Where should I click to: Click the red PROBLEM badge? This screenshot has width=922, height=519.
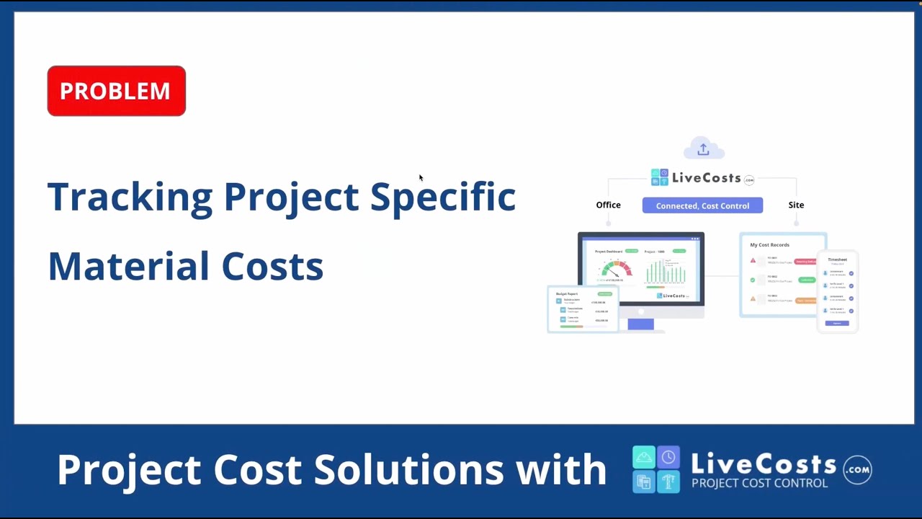(x=116, y=91)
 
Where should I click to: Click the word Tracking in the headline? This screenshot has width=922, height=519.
(x=130, y=197)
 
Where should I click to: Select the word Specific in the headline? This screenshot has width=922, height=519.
(x=442, y=197)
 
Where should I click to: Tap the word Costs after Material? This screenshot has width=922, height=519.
(x=272, y=266)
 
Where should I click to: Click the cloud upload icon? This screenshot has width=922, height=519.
(x=703, y=149)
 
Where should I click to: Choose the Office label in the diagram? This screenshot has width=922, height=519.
(x=608, y=205)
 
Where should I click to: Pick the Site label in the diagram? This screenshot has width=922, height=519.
(x=796, y=205)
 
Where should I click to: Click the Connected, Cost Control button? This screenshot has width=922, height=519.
(x=702, y=205)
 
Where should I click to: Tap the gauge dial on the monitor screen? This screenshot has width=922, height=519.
(x=617, y=270)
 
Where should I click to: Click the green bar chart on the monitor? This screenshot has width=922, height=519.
(x=665, y=272)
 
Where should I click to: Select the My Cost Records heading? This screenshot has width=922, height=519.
(x=769, y=245)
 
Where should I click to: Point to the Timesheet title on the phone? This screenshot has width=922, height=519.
(x=837, y=259)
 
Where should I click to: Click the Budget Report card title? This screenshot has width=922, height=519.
(x=567, y=294)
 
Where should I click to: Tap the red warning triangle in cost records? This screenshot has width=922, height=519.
(x=753, y=261)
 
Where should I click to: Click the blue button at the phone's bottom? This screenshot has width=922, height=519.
(x=837, y=323)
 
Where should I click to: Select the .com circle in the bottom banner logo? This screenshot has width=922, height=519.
(x=857, y=469)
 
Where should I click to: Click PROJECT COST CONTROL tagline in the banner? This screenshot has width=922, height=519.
(x=759, y=483)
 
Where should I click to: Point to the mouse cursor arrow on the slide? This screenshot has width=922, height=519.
(x=421, y=177)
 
